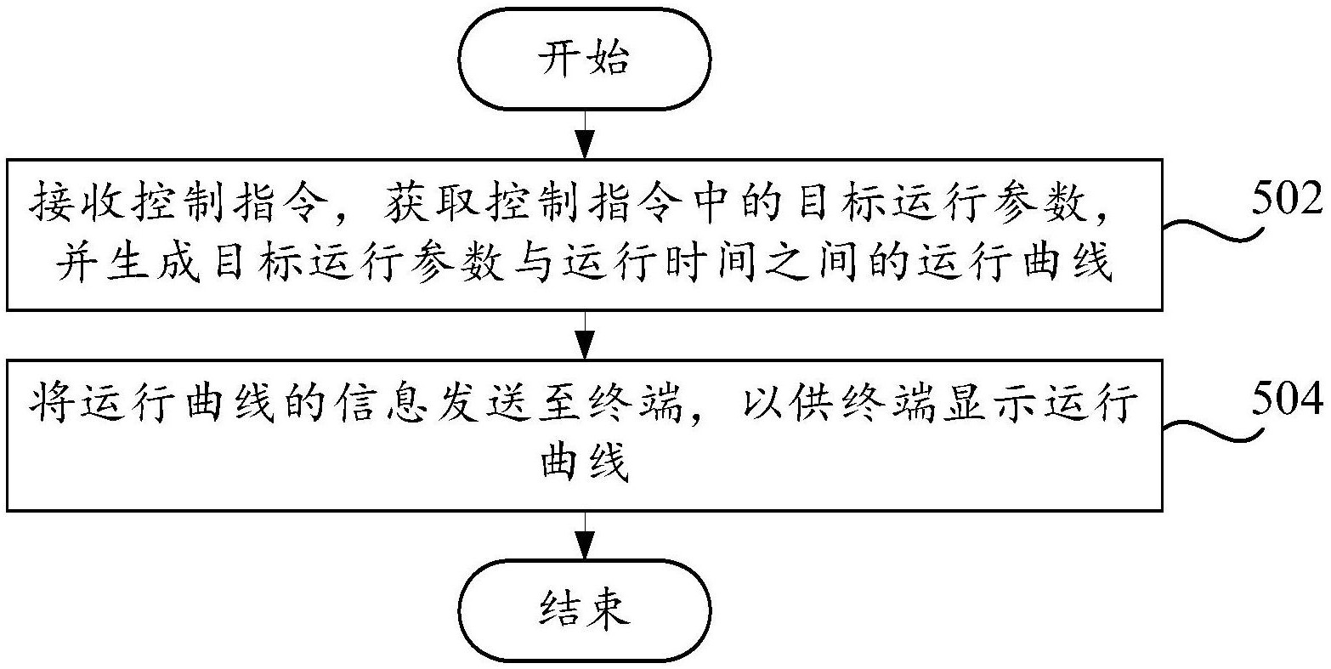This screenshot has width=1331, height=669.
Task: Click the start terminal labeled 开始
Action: (584, 60)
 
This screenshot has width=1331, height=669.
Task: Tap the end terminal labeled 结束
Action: (584, 609)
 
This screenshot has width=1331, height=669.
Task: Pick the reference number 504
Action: (1287, 399)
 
